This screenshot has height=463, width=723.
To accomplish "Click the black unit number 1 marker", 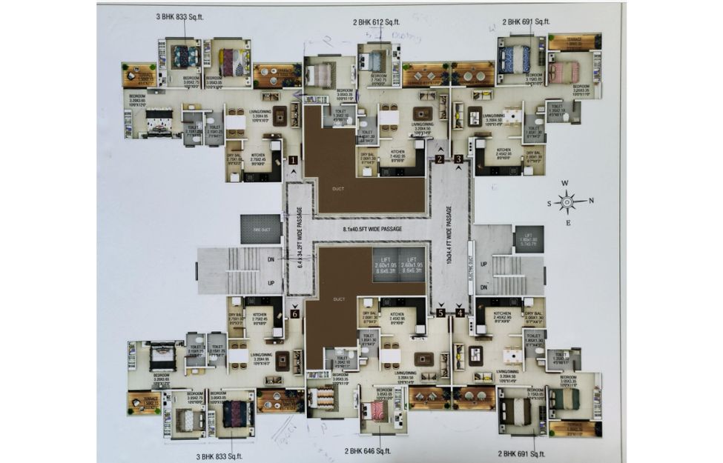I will [x=294, y=159].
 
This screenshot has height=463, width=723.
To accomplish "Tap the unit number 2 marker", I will [x=440, y=159].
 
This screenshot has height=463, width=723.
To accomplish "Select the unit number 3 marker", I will [x=459, y=159].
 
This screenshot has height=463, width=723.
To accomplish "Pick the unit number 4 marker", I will [x=460, y=313].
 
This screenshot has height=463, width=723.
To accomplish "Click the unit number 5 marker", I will [x=440, y=313].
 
